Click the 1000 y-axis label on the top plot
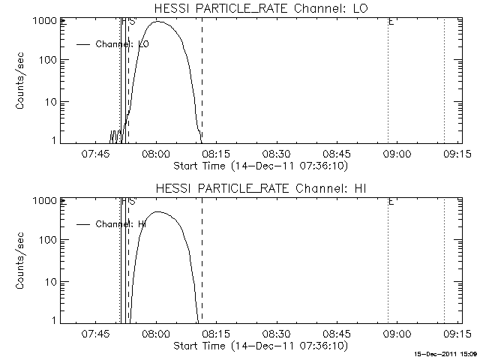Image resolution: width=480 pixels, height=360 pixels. point(44,21)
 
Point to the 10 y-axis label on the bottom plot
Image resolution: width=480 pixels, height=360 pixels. point(49,281)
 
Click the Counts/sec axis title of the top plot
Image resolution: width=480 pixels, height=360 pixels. point(22,81)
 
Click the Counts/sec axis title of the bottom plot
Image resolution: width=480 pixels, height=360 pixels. point(22,261)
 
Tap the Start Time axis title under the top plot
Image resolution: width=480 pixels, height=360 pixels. point(259,164)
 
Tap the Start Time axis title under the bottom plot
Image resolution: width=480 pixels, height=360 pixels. point(259,345)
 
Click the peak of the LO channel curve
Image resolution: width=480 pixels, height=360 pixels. point(161,22)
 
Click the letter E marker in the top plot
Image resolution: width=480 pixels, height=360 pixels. point(391,22)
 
